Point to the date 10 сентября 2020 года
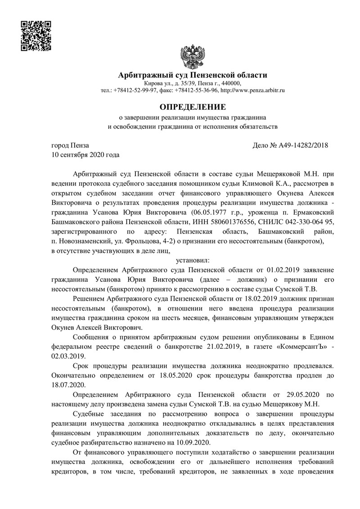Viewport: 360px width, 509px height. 86,155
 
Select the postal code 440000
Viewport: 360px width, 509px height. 229,83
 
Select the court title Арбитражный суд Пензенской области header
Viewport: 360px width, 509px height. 192,75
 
